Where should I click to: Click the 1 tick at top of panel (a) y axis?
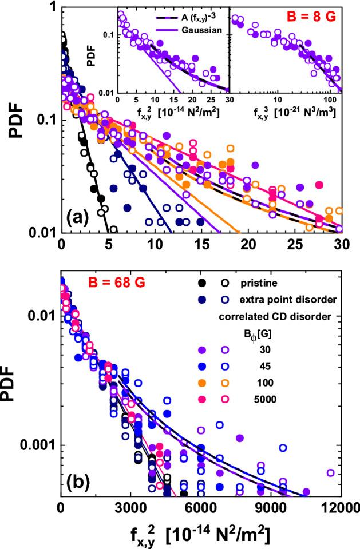tap(52, 8)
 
